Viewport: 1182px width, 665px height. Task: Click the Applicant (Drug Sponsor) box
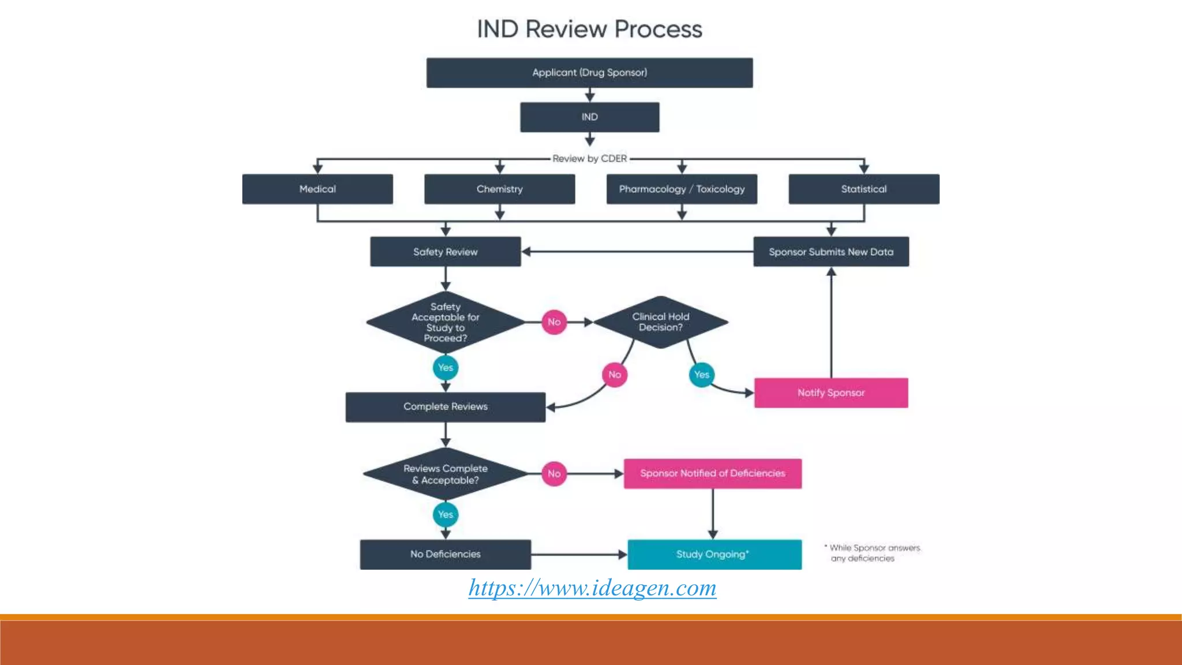(589, 73)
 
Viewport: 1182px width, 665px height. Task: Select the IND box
(589, 117)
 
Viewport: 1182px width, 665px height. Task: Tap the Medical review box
(317, 189)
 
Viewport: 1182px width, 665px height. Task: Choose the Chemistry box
(499, 189)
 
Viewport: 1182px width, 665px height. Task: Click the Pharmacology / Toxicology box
(682, 189)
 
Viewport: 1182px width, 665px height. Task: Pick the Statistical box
(863, 189)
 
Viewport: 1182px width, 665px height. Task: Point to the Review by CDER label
(589, 159)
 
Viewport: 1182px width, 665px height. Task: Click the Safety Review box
(445, 252)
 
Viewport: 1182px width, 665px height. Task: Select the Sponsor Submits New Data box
(831, 252)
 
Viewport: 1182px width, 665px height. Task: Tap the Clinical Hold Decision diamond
(660, 322)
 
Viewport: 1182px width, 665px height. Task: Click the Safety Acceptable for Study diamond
(445, 323)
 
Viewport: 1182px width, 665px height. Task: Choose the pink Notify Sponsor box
(831, 393)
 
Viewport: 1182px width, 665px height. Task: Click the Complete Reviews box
(445, 407)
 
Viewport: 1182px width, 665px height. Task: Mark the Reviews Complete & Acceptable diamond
(445, 474)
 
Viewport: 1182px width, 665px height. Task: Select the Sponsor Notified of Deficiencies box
(712, 473)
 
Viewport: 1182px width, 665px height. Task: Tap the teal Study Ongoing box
(714, 554)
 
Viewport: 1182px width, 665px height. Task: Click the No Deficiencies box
(445, 554)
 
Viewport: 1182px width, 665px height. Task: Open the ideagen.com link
(592, 588)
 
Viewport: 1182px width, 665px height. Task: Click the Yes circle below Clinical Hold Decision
(701, 375)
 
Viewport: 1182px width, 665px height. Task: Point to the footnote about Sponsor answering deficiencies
(873, 553)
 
